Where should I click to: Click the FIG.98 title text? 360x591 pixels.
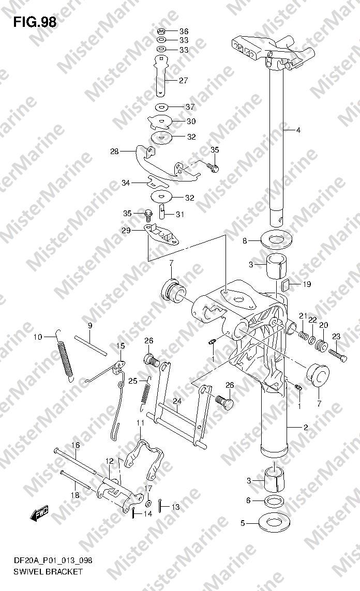(35, 22)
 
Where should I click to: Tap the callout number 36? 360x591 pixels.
(184, 32)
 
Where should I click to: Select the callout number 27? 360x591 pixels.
(184, 80)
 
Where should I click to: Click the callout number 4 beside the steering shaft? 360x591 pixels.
(298, 130)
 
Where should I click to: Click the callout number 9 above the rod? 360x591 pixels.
(90, 325)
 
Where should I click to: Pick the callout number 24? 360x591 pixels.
(177, 401)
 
